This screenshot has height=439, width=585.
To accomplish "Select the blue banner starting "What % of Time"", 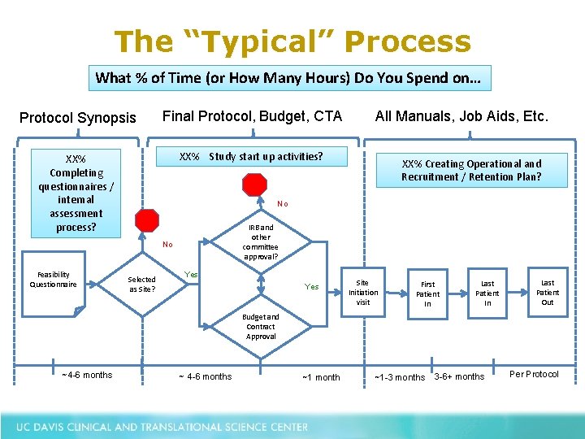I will [x=289, y=78].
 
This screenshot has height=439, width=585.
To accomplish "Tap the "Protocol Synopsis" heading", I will [x=78, y=118].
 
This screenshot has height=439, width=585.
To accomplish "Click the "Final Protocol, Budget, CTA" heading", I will [x=253, y=116].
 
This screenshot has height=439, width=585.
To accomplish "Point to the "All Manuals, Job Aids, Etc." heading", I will [x=461, y=116].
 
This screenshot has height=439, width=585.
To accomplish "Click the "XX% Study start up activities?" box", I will [x=251, y=156].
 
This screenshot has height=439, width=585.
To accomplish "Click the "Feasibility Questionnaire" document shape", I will [x=54, y=285].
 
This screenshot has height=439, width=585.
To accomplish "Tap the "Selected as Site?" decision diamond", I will [x=142, y=284].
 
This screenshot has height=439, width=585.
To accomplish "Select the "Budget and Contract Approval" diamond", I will [x=261, y=326].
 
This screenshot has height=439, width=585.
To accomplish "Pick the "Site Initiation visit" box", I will [x=363, y=292].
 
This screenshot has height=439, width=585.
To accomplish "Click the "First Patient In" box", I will [x=427, y=293].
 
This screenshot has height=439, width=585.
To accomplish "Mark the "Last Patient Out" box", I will [x=548, y=292].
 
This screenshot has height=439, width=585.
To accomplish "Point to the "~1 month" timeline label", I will [x=321, y=377].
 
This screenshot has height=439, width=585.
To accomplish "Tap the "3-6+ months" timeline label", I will [x=459, y=376].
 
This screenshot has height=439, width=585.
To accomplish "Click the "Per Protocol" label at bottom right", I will [x=534, y=374].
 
